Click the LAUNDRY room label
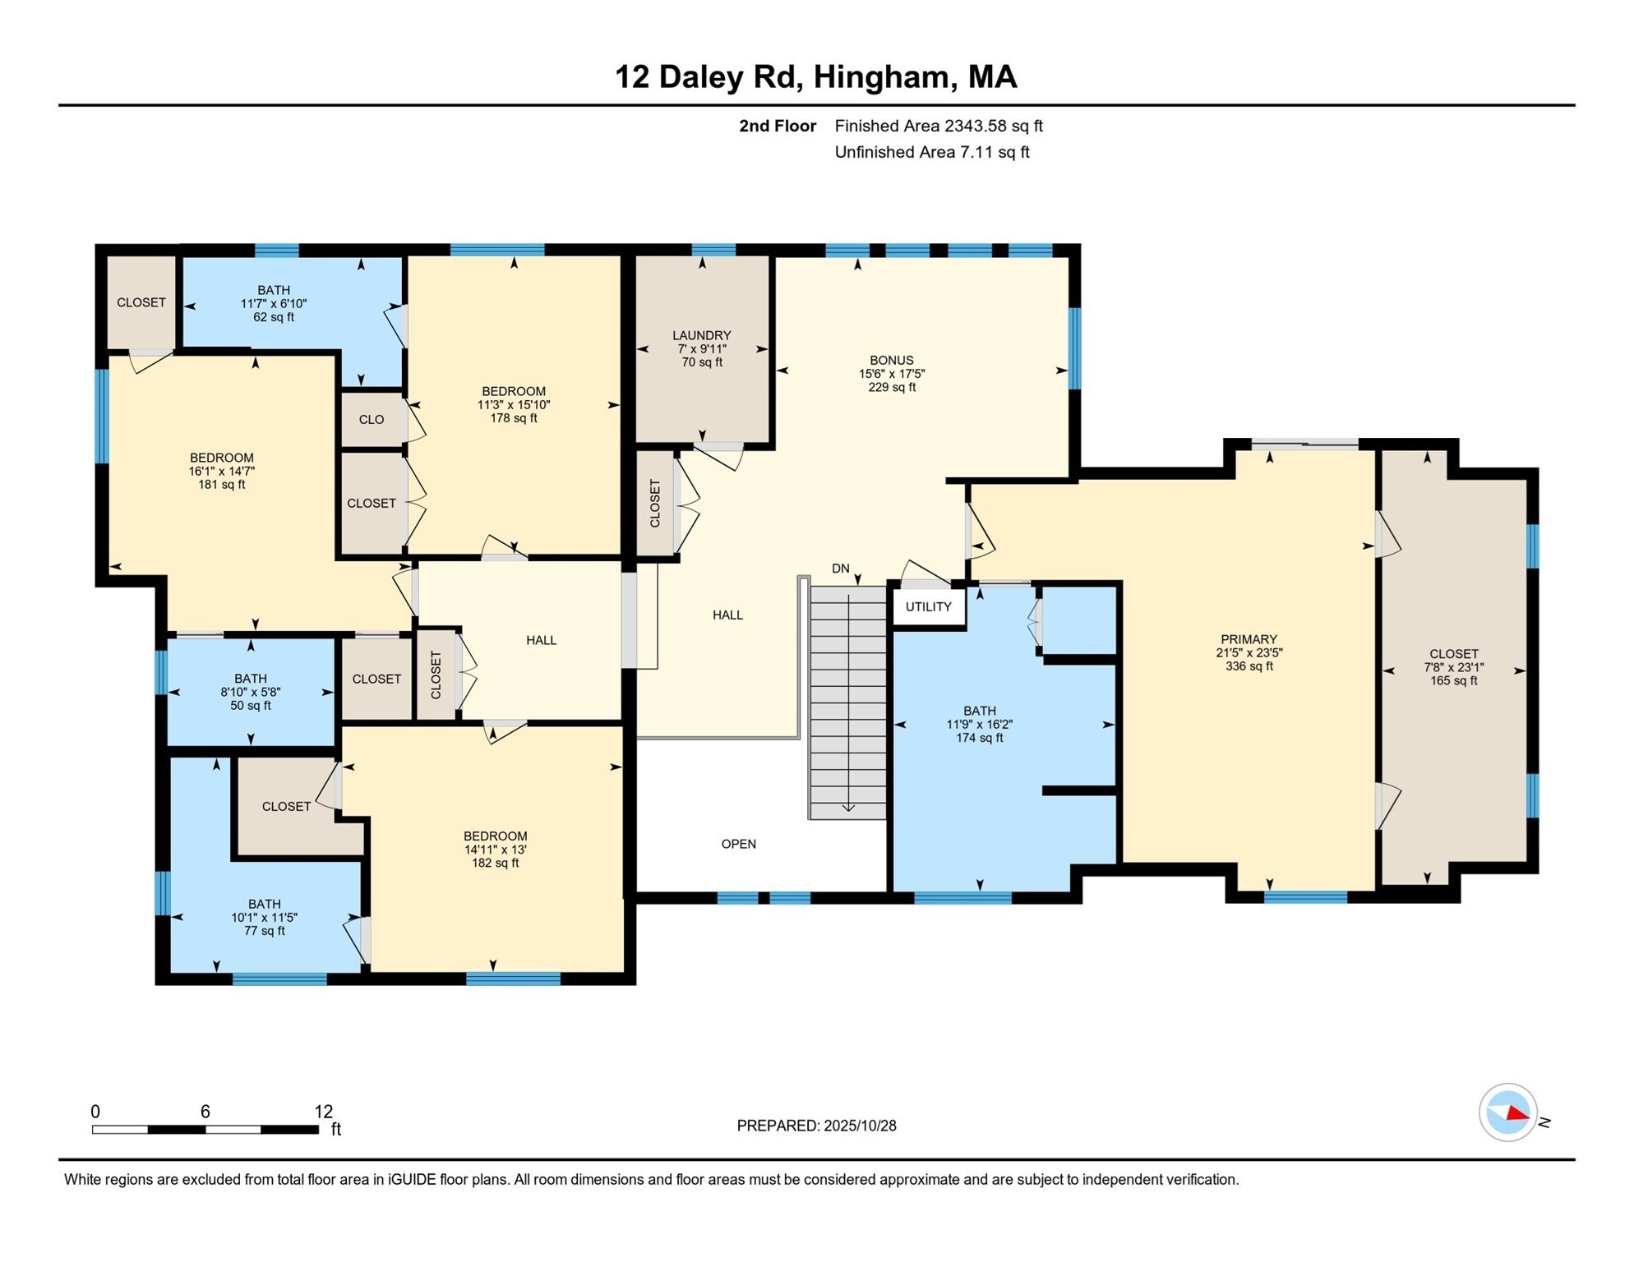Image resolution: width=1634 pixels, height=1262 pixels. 701,335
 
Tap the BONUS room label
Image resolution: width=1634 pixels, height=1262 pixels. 891,361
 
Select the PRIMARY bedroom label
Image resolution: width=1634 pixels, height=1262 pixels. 1249,639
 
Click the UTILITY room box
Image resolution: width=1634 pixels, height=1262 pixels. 928,607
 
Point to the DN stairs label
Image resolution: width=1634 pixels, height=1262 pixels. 840,569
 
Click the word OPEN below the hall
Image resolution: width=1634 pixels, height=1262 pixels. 738,844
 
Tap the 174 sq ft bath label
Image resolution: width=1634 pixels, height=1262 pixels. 979,738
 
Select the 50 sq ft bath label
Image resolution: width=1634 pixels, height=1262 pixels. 250,706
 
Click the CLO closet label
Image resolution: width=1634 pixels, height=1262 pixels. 371,420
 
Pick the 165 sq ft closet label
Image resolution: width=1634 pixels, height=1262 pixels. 1453,680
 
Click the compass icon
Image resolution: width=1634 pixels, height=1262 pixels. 1507,1112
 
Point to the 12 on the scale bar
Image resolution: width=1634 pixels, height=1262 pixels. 323,1112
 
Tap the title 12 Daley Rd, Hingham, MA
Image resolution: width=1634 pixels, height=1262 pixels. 815,77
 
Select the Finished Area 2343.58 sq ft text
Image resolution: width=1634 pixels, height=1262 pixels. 938,126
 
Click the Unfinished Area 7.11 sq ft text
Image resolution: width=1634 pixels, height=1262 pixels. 931,152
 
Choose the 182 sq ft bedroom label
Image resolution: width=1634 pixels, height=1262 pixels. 495,863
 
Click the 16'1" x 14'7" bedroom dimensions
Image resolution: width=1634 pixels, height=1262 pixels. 221,472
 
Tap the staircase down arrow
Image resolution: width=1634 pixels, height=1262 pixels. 848,806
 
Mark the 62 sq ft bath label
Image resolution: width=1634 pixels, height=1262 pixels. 273,317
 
